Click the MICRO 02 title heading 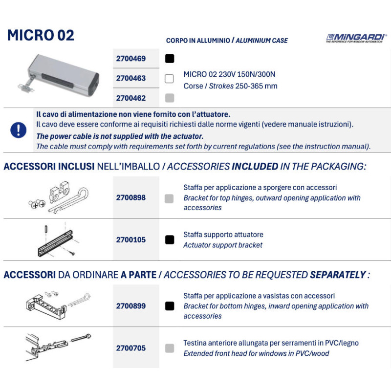click(41, 36)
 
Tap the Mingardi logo click(356, 38)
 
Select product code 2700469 click(130, 59)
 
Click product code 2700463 click(130, 78)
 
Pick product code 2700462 click(130, 98)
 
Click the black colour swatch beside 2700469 click(170, 59)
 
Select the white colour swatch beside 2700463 click(170, 78)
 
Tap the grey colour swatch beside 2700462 click(170, 98)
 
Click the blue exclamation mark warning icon click(19, 130)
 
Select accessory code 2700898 click(130, 198)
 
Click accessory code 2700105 click(130, 240)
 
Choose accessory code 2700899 click(130, 306)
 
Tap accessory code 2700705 click(130, 348)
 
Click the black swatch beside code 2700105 click(170, 240)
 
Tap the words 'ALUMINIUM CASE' click(261, 41)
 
